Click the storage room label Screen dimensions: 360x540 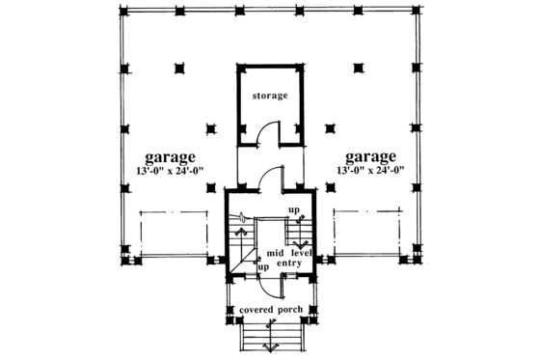click(269, 97)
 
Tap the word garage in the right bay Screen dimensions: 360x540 click(370, 156)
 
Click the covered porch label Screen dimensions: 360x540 click(269, 309)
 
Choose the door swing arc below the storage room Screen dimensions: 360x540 click(273, 177)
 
